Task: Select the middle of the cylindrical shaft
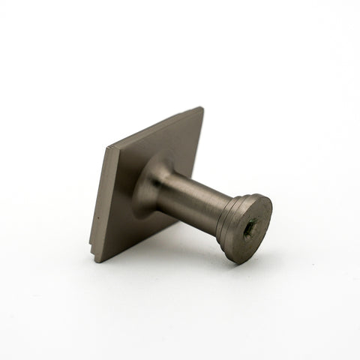(x=196, y=196)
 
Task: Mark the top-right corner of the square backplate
(x=202, y=109)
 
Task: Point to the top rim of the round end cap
(x=259, y=196)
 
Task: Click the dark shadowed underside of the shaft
(x=191, y=212)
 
